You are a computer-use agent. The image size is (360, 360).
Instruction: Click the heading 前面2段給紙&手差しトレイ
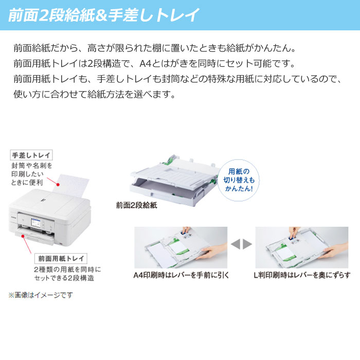coord(103,15)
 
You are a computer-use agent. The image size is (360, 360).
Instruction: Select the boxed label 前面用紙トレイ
coord(61,258)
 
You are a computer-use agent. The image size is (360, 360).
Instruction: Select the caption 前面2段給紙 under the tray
coord(136,205)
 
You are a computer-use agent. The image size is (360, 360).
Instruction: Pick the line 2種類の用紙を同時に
coord(67,269)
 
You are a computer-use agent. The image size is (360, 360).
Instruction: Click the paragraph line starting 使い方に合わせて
coord(95,95)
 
